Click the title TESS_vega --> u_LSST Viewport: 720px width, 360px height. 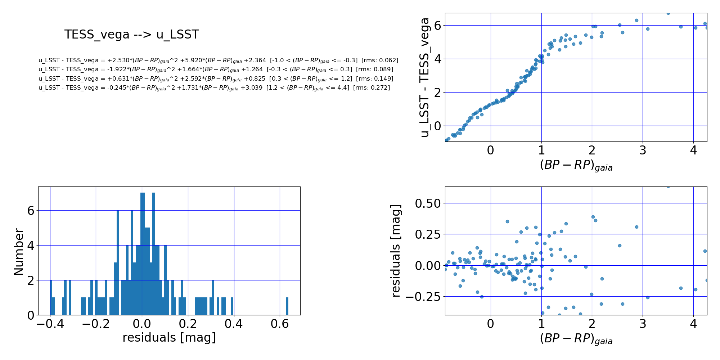click(x=131, y=35)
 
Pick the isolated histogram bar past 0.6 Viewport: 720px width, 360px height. click(x=287, y=306)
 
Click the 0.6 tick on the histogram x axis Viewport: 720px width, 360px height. click(x=280, y=324)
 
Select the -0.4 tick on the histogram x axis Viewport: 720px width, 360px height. click(x=50, y=324)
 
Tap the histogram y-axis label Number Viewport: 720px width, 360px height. click(x=19, y=252)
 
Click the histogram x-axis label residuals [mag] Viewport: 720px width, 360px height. click(x=169, y=338)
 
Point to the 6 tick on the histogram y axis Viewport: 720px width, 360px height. click(x=31, y=211)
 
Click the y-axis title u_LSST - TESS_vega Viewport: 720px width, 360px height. click(x=425, y=77)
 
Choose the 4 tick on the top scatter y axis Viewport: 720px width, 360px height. click(x=437, y=59)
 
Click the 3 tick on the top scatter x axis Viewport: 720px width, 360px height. click(x=643, y=150)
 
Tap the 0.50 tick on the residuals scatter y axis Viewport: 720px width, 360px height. click(x=428, y=203)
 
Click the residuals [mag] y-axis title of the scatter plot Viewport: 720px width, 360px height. click(x=396, y=251)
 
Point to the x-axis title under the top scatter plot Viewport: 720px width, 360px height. click(x=576, y=165)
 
